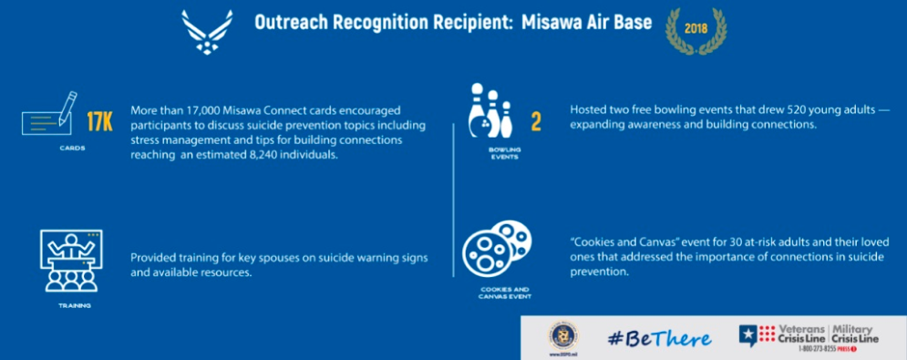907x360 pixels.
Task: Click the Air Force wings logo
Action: tap(209, 31)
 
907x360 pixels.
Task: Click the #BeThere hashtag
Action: tap(658, 338)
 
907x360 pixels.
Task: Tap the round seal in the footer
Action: tap(562, 334)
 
